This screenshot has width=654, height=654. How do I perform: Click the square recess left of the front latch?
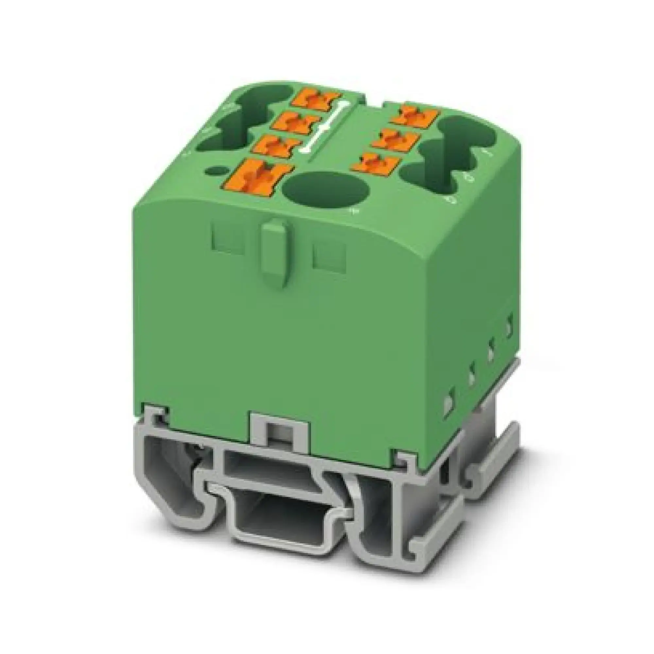[228, 241]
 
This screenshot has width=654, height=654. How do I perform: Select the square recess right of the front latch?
[329, 259]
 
